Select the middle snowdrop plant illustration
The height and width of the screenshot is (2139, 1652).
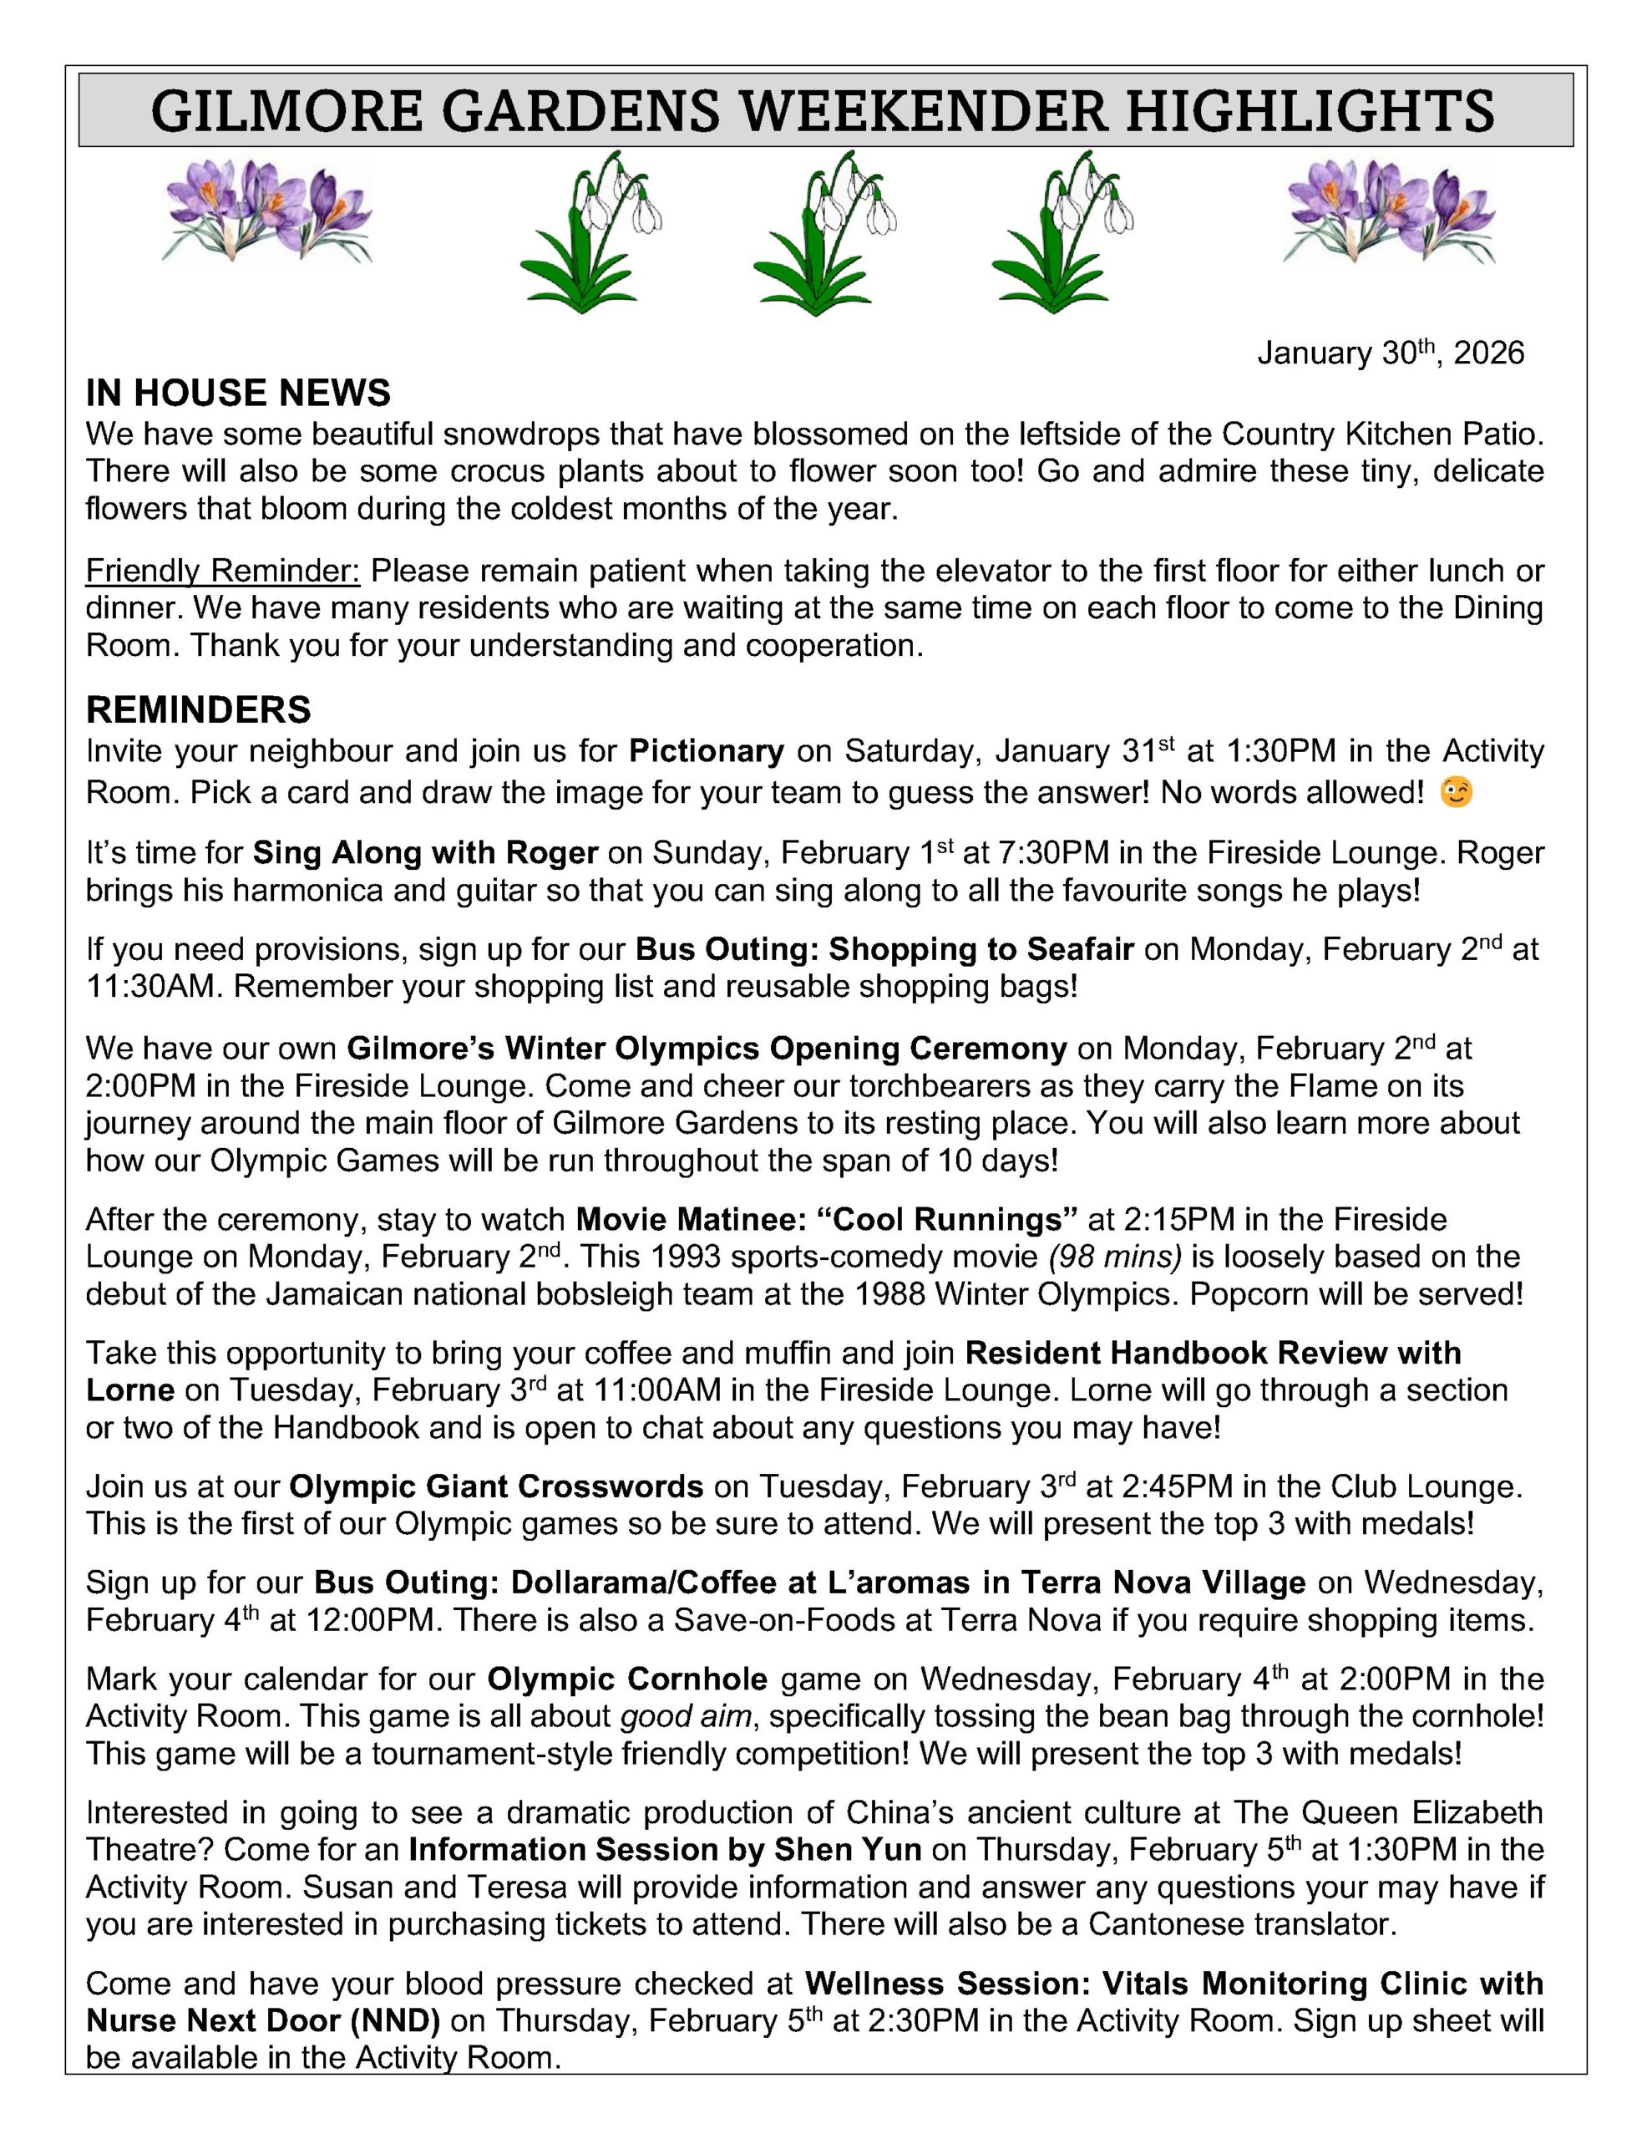click(824, 232)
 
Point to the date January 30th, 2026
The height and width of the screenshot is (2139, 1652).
click(1390, 353)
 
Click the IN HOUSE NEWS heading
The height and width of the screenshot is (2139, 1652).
click(238, 393)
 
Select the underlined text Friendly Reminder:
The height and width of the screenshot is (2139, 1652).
click(222, 570)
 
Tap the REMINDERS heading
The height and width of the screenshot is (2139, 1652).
click(198, 709)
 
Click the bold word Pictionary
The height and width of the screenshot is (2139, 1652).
click(706, 751)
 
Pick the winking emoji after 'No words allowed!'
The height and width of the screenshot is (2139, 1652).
click(1457, 791)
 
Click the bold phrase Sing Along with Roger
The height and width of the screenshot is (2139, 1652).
click(425, 853)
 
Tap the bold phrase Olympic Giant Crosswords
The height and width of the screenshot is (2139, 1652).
click(495, 1486)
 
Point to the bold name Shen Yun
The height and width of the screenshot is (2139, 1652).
click(847, 1849)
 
